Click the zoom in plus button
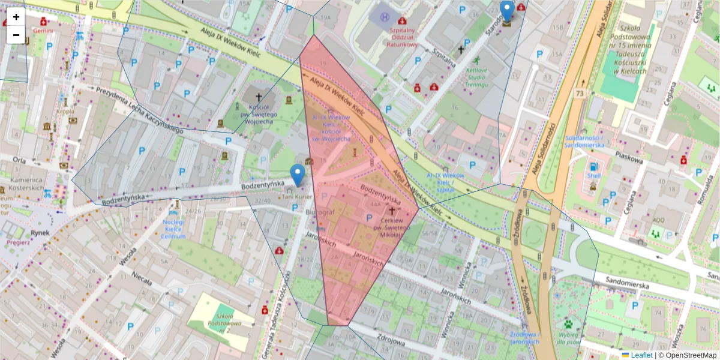pyautogui.click(x=16, y=17)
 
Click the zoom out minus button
pyautogui.click(x=16, y=35)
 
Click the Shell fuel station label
pyautogui.click(x=593, y=176)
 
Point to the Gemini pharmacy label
pyautogui.click(x=43, y=30)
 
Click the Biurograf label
pyautogui.click(x=319, y=212)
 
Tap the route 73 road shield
pyautogui.click(x=579, y=94)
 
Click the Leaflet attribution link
pyautogui.click(x=641, y=355)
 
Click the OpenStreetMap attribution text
pyautogui.click(x=688, y=355)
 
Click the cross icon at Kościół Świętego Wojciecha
pyautogui.click(x=259, y=97)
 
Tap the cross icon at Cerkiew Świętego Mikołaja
pyautogui.click(x=392, y=211)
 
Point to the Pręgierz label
pyautogui.click(x=18, y=242)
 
